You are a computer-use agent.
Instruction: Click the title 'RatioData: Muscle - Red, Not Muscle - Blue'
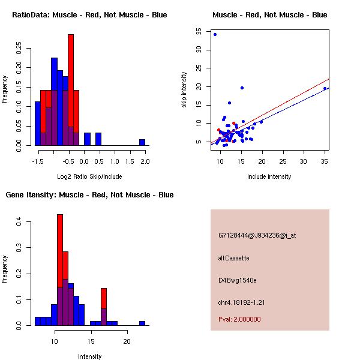click(89, 14)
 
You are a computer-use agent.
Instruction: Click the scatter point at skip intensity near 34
click(215, 34)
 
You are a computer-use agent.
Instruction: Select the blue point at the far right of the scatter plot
click(325, 88)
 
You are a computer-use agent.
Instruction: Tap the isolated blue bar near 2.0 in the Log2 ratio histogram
click(142, 142)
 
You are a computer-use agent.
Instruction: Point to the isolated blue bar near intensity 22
click(142, 323)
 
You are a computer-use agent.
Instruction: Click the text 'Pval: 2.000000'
click(239, 319)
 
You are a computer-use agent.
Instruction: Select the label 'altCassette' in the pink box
click(233, 258)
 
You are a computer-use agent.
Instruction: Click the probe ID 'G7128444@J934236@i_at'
click(257, 235)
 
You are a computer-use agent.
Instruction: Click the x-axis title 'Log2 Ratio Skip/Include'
click(89, 176)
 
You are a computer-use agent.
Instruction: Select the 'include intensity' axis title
click(269, 176)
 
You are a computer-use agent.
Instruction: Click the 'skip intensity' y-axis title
click(184, 90)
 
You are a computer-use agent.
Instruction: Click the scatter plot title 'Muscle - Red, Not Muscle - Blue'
click(269, 14)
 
